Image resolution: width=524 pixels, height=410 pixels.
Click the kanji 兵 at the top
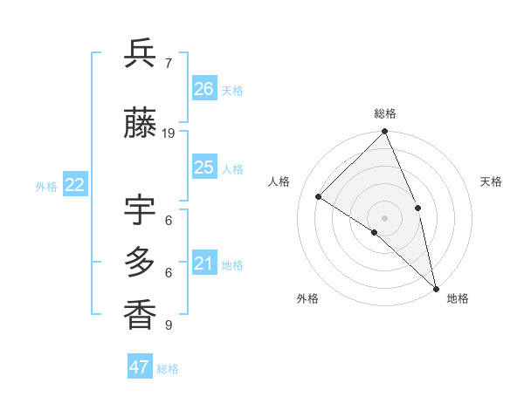click(x=140, y=54)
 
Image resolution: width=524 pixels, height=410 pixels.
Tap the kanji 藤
click(x=140, y=124)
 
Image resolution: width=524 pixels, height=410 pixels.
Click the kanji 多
click(x=140, y=263)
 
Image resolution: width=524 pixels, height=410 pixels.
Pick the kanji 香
click(x=140, y=314)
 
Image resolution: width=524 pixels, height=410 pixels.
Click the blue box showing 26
click(x=204, y=88)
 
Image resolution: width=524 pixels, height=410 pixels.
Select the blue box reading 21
click(x=204, y=263)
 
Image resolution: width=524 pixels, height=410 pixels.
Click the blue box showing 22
click(x=74, y=184)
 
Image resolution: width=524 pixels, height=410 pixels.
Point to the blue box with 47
click(x=140, y=367)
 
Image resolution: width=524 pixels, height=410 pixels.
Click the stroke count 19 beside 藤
click(x=169, y=133)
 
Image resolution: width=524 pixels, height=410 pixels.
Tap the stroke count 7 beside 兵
click(x=169, y=63)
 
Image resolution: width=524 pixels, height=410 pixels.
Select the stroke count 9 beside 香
click(x=169, y=325)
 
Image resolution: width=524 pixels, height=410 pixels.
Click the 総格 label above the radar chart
click(x=385, y=113)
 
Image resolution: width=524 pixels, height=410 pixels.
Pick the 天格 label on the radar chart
click(x=491, y=181)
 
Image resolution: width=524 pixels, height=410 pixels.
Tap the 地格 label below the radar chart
click(x=458, y=298)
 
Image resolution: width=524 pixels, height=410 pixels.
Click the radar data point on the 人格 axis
click(x=319, y=196)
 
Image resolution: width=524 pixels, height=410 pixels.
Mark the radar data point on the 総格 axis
click(x=385, y=132)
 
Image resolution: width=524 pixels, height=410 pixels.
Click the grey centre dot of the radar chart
click(x=385, y=217)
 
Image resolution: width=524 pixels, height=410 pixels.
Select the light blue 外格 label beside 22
click(x=45, y=186)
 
